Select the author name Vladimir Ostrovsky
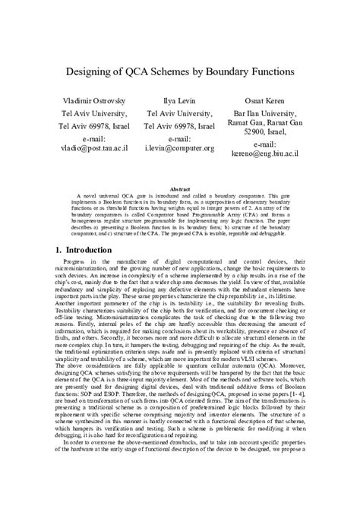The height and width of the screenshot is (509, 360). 95,101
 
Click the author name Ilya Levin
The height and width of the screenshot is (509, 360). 179,101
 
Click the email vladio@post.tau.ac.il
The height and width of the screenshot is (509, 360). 95,150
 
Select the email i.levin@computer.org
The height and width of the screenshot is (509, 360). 179,150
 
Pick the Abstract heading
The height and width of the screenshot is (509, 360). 179,188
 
